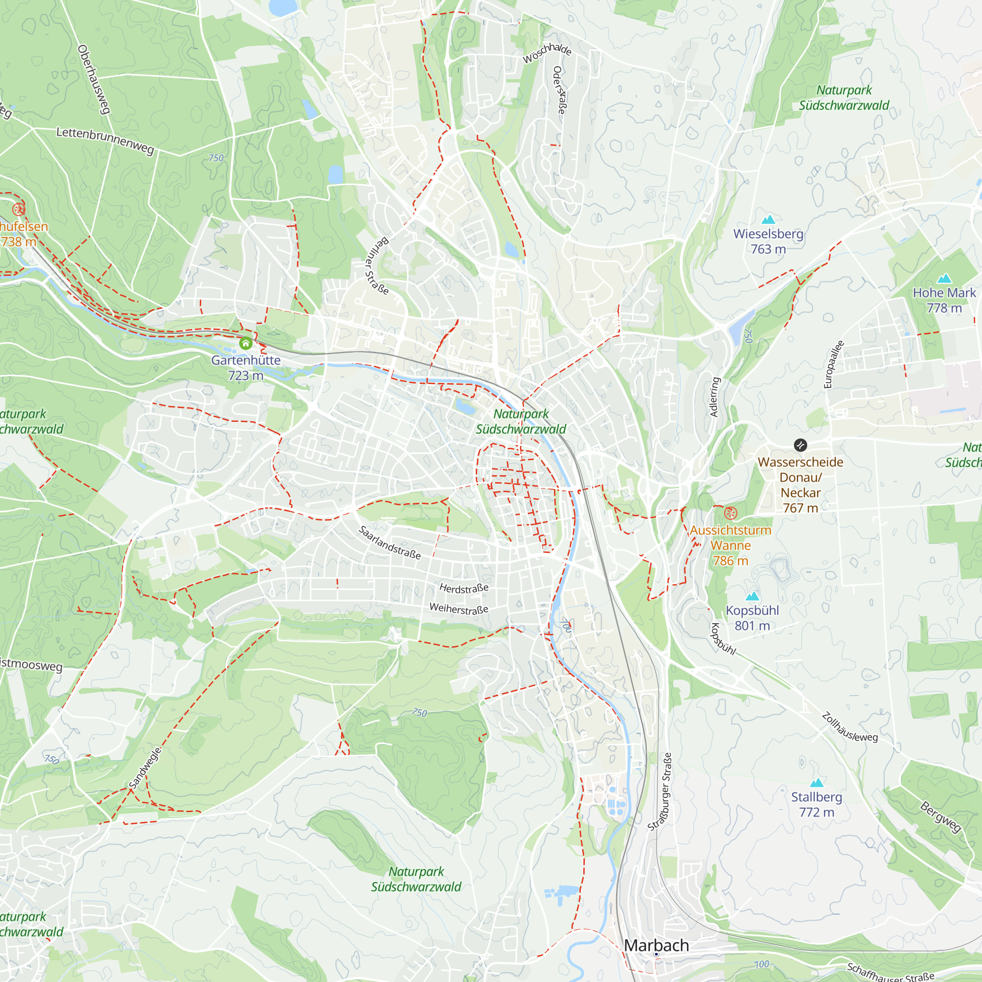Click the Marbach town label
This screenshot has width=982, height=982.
(x=656, y=945)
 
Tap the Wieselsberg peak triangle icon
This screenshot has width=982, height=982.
(x=768, y=219)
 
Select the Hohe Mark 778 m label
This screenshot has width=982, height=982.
(x=944, y=300)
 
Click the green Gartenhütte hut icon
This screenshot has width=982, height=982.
(x=245, y=344)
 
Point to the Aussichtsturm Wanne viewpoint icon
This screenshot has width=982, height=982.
(x=731, y=513)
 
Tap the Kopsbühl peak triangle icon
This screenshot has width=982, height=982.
(x=752, y=596)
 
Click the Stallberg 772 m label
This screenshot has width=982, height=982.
(x=817, y=805)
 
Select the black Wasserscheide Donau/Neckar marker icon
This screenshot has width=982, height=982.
(x=800, y=445)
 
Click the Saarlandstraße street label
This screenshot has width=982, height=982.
(x=390, y=543)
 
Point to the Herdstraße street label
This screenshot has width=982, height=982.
(x=464, y=588)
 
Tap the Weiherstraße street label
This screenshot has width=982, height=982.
(x=459, y=608)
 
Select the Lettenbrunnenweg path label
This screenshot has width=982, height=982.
(x=105, y=141)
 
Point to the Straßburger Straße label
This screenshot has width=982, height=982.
(x=660, y=792)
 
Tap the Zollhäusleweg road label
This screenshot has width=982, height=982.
(x=849, y=727)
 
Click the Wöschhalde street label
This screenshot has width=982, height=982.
(x=547, y=53)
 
